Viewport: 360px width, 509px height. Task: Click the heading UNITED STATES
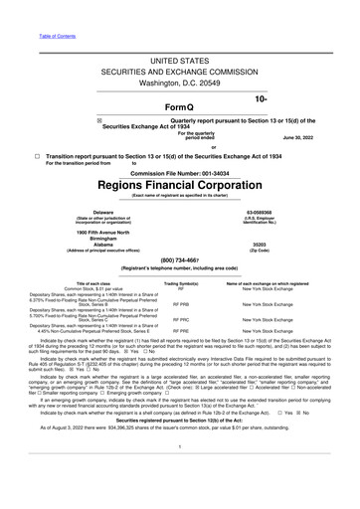coord(179,62)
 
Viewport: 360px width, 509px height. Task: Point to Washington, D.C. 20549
coord(179,86)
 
